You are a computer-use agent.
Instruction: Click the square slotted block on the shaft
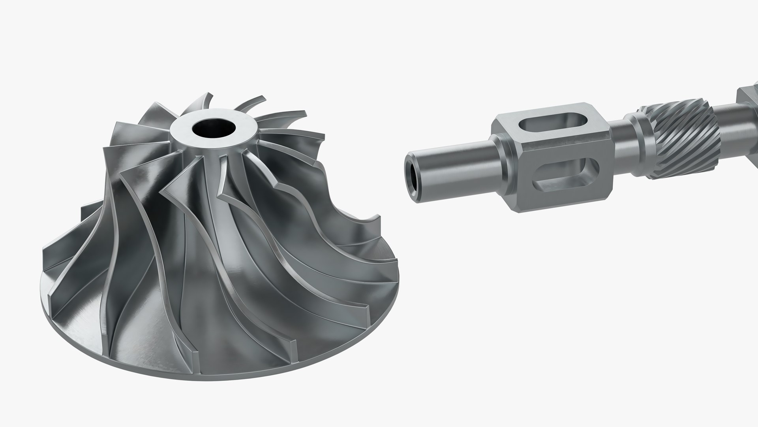click(x=553, y=158)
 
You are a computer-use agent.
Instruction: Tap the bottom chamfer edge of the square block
click(x=561, y=208)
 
